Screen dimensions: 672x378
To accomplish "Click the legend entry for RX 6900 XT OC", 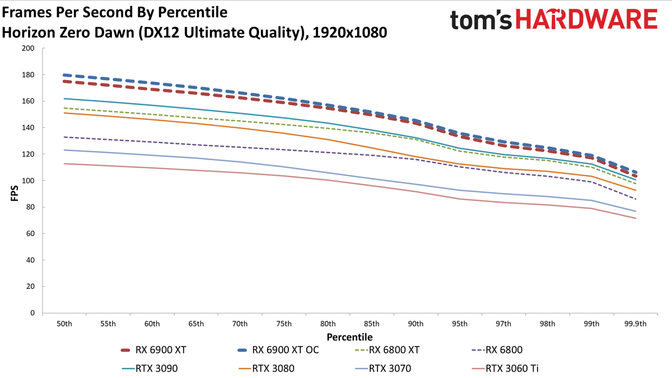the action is pyautogui.click(x=278, y=350).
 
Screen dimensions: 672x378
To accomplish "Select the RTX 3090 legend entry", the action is pyautogui.click(x=150, y=368).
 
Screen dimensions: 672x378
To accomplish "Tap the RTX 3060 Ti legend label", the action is pyautogui.click(x=512, y=368).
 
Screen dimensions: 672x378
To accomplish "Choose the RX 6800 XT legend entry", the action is pyautogui.click(x=387, y=350).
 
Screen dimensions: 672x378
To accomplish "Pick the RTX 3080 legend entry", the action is pyautogui.click(x=267, y=368).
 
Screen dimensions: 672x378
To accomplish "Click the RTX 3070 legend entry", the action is pyautogui.click(x=383, y=368).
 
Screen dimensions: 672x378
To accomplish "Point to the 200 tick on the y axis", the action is pyautogui.click(x=28, y=48).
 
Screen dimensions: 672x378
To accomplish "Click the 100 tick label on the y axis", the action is pyautogui.click(x=28, y=180).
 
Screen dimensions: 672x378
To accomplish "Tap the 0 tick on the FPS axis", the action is pyautogui.click(x=32, y=313).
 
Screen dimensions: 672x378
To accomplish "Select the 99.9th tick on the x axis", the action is pyautogui.click(x=636, y=324).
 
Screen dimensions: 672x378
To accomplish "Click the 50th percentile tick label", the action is pyautogui.click(x=64, y=324).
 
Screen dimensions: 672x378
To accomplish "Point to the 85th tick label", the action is pyautogui.click(x=372, y=324).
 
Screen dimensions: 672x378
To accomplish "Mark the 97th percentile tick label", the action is pyautogui.click(x=503, y=324).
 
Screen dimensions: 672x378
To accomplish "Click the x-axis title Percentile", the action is pyautogui.click(x=349, y=337).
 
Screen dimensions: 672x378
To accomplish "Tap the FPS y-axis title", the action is pyautogui.click(x=15, y=193).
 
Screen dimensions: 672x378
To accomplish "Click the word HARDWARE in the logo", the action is pyautogui.click(x=587, y=19).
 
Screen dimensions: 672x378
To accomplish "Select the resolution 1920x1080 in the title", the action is pyautogui.click(x=350, y=32).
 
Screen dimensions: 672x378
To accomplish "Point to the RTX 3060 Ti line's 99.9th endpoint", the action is pyautogui.click(x=636, y=218).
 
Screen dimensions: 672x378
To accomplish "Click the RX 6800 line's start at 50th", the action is pyautogui.click(x=64, y=137).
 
